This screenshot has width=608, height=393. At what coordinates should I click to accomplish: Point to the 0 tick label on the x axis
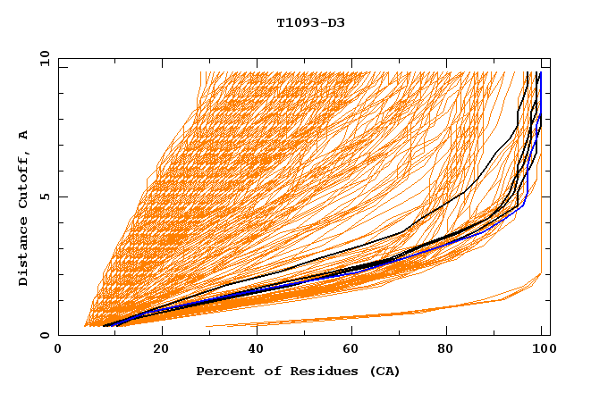coord(58,350)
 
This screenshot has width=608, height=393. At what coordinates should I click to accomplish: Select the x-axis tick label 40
coord(258,350)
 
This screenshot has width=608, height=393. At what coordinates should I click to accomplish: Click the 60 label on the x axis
coord(354,350)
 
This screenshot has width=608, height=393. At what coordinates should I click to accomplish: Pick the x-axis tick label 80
coord(451,350)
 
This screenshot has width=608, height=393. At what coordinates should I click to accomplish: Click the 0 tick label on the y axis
coord(44,336)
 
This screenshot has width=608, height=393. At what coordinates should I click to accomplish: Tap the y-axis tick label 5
coord(44,196)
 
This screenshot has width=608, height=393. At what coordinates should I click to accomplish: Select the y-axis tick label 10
coord(40,58)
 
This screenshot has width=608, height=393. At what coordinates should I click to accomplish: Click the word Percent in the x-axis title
coord(224,371)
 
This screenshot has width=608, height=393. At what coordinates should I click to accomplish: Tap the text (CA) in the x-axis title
coord(385,371)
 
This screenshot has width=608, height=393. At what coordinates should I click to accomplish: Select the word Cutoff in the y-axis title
coord(23,178)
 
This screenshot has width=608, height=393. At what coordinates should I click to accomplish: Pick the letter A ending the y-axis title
coord(23,134)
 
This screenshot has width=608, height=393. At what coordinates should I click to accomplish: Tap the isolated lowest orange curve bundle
coord(402,314)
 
